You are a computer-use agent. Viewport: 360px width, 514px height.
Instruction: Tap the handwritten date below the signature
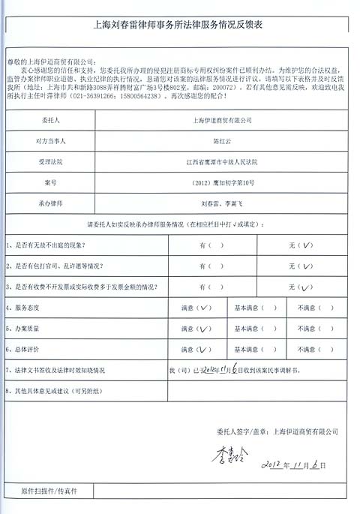click(293, 466)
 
